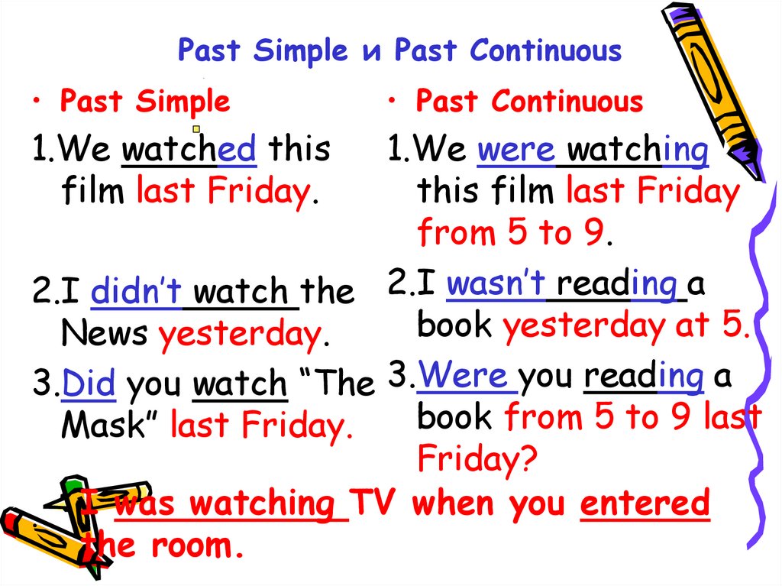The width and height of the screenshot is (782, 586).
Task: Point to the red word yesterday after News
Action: point(238,335)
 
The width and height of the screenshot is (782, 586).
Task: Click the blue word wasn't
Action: point(497,285)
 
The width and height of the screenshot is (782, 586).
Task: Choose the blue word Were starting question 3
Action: point(464,375)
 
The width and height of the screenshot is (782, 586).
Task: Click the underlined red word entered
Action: point(645,503)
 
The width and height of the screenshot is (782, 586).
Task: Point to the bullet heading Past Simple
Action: point(145,102)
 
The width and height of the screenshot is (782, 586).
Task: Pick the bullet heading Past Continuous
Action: point(529,102)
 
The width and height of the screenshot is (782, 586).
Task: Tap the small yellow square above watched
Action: point(196,129)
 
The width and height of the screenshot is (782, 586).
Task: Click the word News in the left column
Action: point(105,333)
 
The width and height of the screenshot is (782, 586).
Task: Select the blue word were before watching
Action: point(516,150)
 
